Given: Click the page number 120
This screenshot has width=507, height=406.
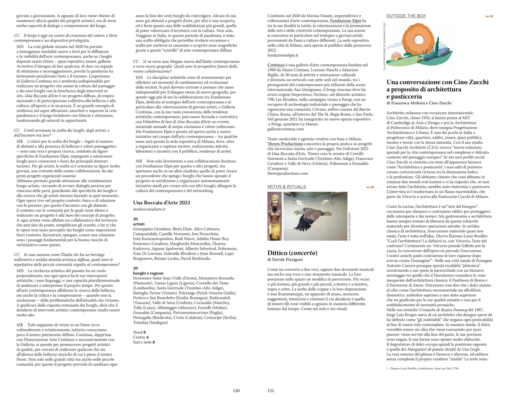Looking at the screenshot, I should (x=236, y=391).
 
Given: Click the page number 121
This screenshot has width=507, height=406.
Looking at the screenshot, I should (x=271, y=391).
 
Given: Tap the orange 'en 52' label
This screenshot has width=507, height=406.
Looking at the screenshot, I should (x=489, y=16).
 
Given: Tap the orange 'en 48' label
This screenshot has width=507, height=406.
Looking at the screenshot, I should (x=370, y=187).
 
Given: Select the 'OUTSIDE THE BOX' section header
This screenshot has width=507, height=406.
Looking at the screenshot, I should (x=406, y=16).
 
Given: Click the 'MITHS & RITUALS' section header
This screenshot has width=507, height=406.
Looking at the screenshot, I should (x=287, y=187).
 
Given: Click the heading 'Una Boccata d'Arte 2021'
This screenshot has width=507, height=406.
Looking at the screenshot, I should (x=162, y=203).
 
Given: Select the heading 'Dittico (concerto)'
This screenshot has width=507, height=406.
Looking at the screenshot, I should (x=292, y=253).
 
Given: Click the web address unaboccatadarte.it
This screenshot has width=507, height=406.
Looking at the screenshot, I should (x=149, y=209).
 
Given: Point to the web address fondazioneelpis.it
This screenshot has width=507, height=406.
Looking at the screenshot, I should (x=283, y=55).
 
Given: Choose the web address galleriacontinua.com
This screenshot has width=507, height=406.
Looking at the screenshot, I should (x=285, y=129).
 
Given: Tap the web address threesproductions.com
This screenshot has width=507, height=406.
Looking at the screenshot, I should (x=288, y=173).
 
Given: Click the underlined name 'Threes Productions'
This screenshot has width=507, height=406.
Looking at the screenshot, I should (x=285, y=144).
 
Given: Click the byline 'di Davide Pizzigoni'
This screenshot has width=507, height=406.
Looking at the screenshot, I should (x=285, y=260).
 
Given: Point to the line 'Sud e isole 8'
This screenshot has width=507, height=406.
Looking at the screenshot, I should (x=144, y=342).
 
